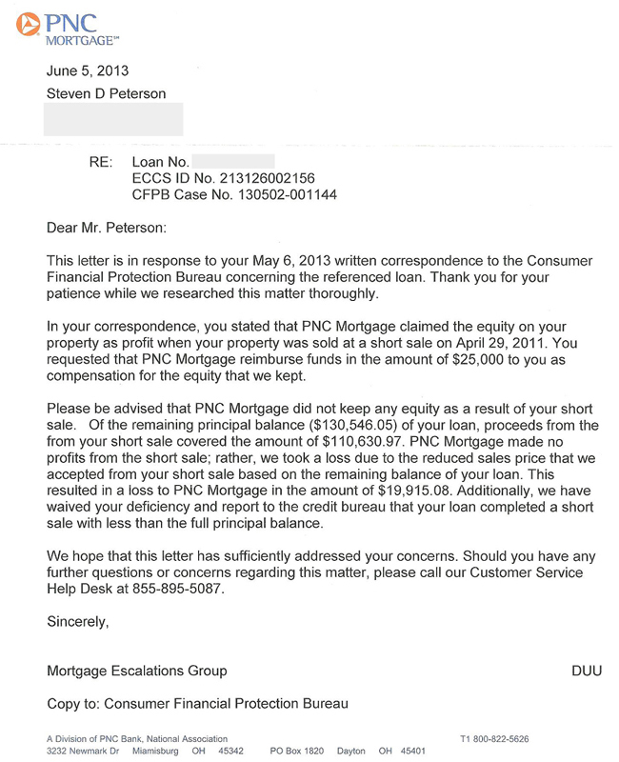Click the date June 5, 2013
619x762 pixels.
pos(88,70)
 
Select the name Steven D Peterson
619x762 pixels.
pos(107,93)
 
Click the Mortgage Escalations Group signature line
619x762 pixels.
pos(137,671)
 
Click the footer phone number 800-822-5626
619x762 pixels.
pos(501,739)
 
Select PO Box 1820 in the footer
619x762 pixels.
pos(296,751)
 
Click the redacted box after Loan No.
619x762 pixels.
pos(234,161)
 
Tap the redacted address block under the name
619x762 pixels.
pos(114,119)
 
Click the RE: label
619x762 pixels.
pos(100,162)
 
